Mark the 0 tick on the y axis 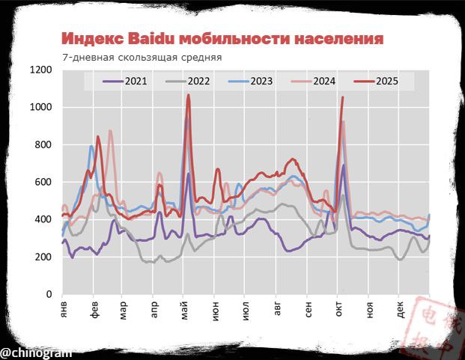coord(49,294)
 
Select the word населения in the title coord(336,38)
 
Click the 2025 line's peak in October coord(342,97)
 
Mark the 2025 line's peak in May coord(188,95)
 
